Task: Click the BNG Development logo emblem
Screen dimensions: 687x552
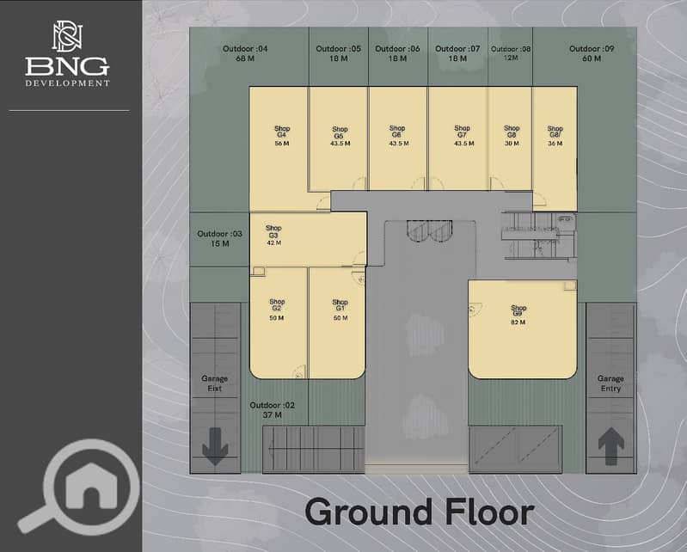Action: (67, 37)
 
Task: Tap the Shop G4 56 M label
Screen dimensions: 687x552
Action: (282, 136)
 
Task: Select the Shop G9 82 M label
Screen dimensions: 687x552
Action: (518, 315)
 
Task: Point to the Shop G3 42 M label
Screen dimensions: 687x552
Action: (273, 236)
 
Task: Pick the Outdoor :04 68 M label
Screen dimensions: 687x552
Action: (245, 53)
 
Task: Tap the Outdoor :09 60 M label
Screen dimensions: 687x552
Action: (592, 53)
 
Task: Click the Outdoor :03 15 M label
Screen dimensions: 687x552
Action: (219, 239)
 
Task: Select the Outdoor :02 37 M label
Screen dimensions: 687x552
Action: (272, 410)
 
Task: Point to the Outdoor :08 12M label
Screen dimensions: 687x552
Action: (511, 53)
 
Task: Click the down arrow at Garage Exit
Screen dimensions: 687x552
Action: (215, 446)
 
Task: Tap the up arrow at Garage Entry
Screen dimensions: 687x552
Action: (611, 446)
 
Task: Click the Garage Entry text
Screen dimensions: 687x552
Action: (610, 383)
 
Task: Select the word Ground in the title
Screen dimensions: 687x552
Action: (368, 512)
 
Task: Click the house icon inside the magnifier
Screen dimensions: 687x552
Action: (91, 486)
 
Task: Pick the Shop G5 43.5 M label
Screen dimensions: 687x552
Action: (340, 136)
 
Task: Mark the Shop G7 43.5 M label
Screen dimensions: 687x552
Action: (463, 136)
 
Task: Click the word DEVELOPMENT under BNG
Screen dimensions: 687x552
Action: (67, 83)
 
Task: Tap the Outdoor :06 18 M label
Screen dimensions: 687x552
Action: (397, 53)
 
